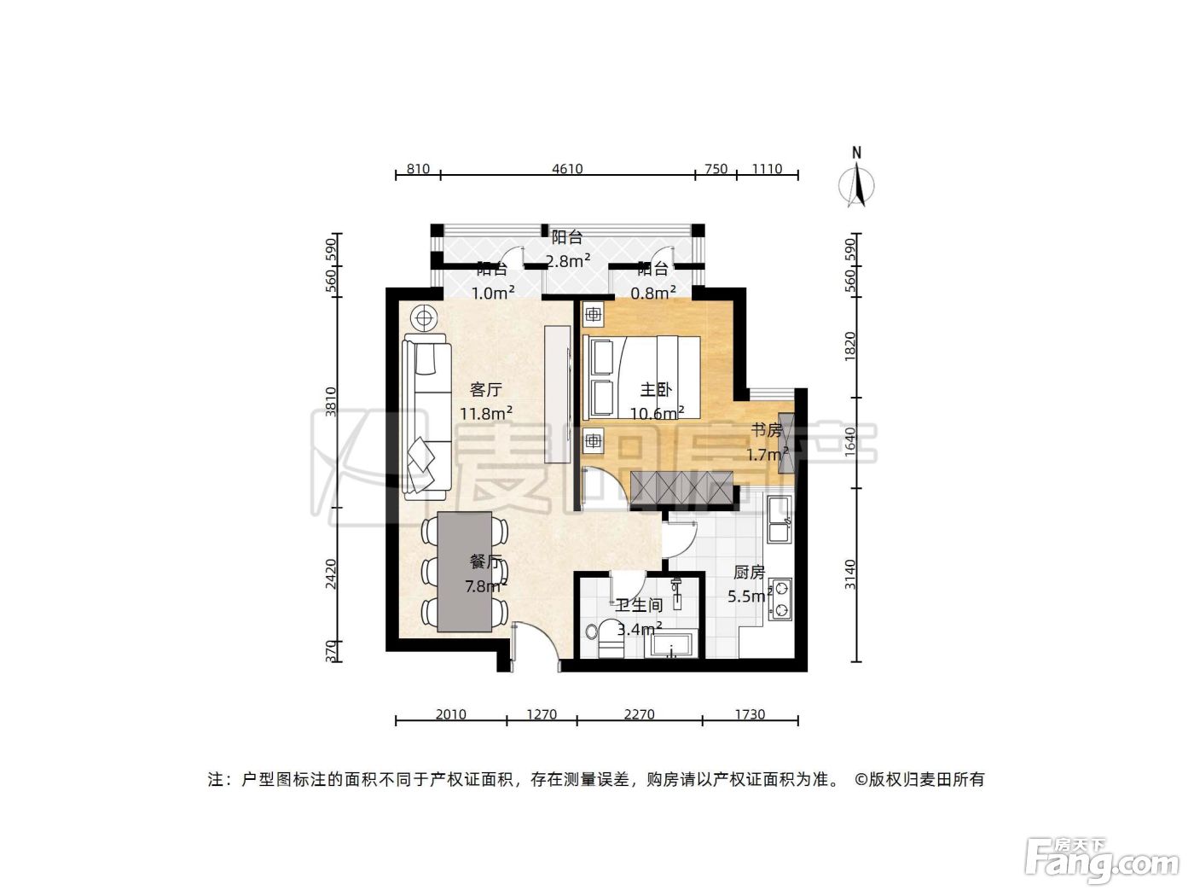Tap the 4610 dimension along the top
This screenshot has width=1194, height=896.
click(x=567, y=169)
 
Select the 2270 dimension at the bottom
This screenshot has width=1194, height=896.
click(x=639, y=714)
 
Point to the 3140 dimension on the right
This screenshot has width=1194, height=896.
click(x=849, y=574)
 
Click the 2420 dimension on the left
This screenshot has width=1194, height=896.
click(x=331, y=574)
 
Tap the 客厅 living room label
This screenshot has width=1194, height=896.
click(x=486, y=389)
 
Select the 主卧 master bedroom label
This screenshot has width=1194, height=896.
click(x=656, y=389)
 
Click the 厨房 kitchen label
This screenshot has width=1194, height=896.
click(x=749, y=573)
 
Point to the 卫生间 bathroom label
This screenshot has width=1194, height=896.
click(x=639, y=605)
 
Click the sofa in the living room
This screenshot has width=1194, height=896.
click(x=427, y=417)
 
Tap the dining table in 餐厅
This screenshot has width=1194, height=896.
click(x=465, y=571)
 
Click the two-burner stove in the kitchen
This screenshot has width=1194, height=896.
click(x=780, y=599)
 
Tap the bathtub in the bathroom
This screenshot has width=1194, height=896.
click(x=670, y=644)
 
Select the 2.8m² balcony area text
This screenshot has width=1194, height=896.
click(x=569, y=261)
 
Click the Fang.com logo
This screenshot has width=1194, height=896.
click(x=1102, y=861)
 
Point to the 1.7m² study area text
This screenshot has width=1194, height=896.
click(x=767, y=454)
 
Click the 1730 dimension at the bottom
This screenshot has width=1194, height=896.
click(x=751, y=714)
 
